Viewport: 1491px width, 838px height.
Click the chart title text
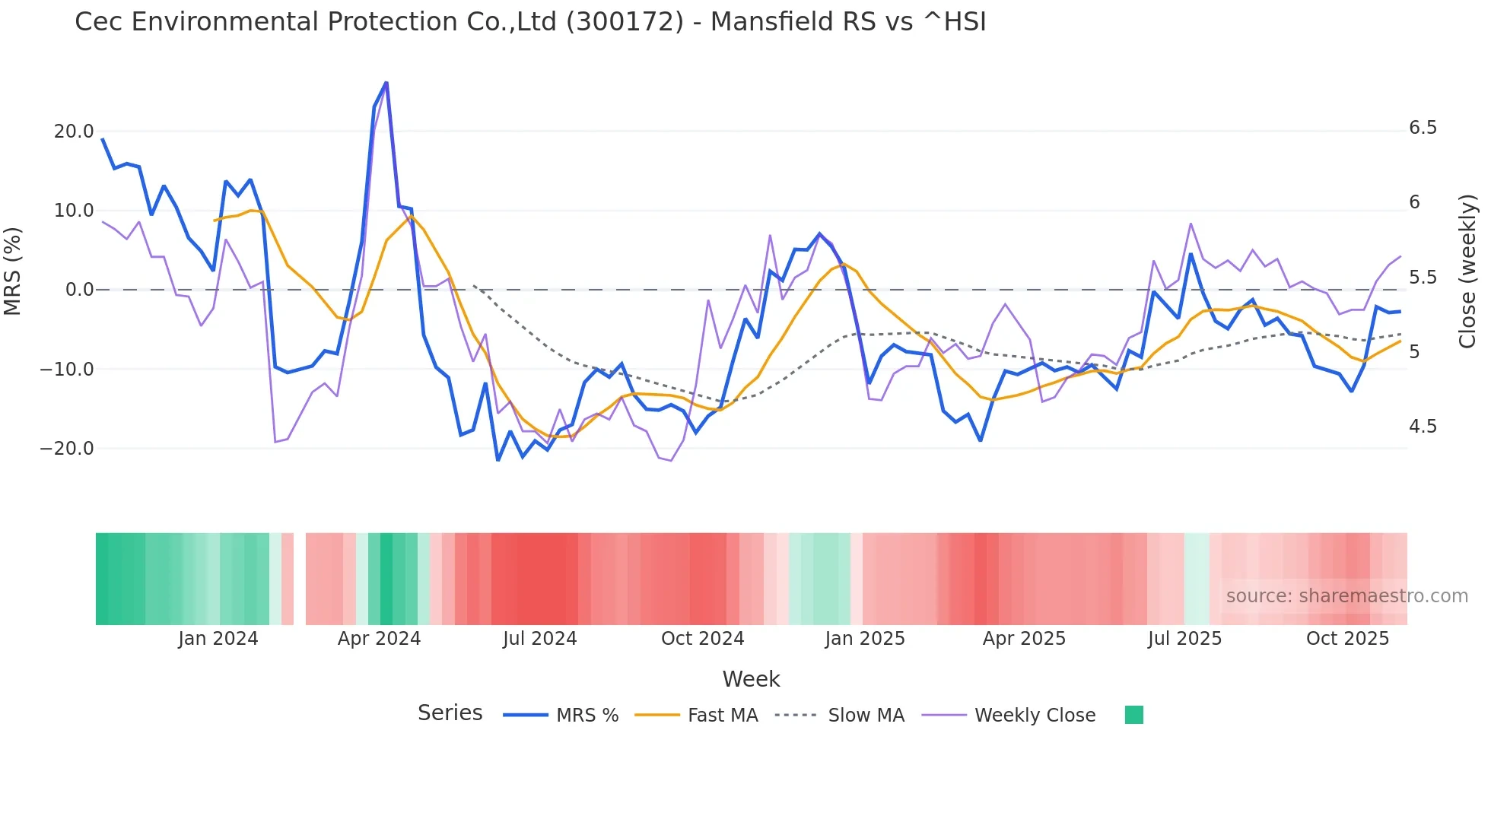coord(530,22)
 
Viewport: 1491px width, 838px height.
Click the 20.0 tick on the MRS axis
coord(74,132)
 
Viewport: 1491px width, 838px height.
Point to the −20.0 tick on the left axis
coord(68,449)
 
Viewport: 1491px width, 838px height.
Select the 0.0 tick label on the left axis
coord(79,290)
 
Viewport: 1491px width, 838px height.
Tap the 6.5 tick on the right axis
coord(1423,128)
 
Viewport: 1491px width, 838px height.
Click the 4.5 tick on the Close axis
coord(1423,427)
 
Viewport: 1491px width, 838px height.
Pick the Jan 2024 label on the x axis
coord(218,639)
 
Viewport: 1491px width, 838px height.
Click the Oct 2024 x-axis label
coord(702,639)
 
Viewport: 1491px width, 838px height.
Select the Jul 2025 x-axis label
coord(1184,639)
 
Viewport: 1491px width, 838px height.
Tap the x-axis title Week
coord(751,679)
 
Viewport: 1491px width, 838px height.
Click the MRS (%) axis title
coord(13,271)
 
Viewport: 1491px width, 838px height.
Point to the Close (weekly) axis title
coord(1467,271)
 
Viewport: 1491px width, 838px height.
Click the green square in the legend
coord(1133,715)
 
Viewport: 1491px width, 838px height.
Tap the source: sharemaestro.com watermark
coord(1346,596)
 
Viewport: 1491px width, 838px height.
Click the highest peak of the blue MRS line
coord(386,83)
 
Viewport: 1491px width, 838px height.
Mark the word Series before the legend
coord(450,713)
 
